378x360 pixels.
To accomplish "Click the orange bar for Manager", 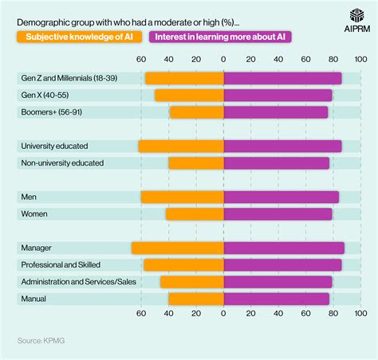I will coord(177,248).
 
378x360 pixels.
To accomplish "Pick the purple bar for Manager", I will coord(284,248).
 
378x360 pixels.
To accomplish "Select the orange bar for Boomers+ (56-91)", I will coord(196,112).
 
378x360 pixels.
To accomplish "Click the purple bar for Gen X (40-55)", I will coord(278,96).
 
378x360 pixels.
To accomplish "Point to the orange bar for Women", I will coord(195,213).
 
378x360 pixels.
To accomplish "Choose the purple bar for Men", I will coord(281,197).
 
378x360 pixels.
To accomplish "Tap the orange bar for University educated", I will coord(180,147).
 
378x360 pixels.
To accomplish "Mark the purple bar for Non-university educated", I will coord(276,163).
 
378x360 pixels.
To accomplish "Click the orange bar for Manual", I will coord(195,299).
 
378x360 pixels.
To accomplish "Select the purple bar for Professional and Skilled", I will coord(282,264).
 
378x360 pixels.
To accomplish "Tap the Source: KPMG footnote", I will coord(42,341).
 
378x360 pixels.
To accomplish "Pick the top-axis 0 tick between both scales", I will coord(223,58).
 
